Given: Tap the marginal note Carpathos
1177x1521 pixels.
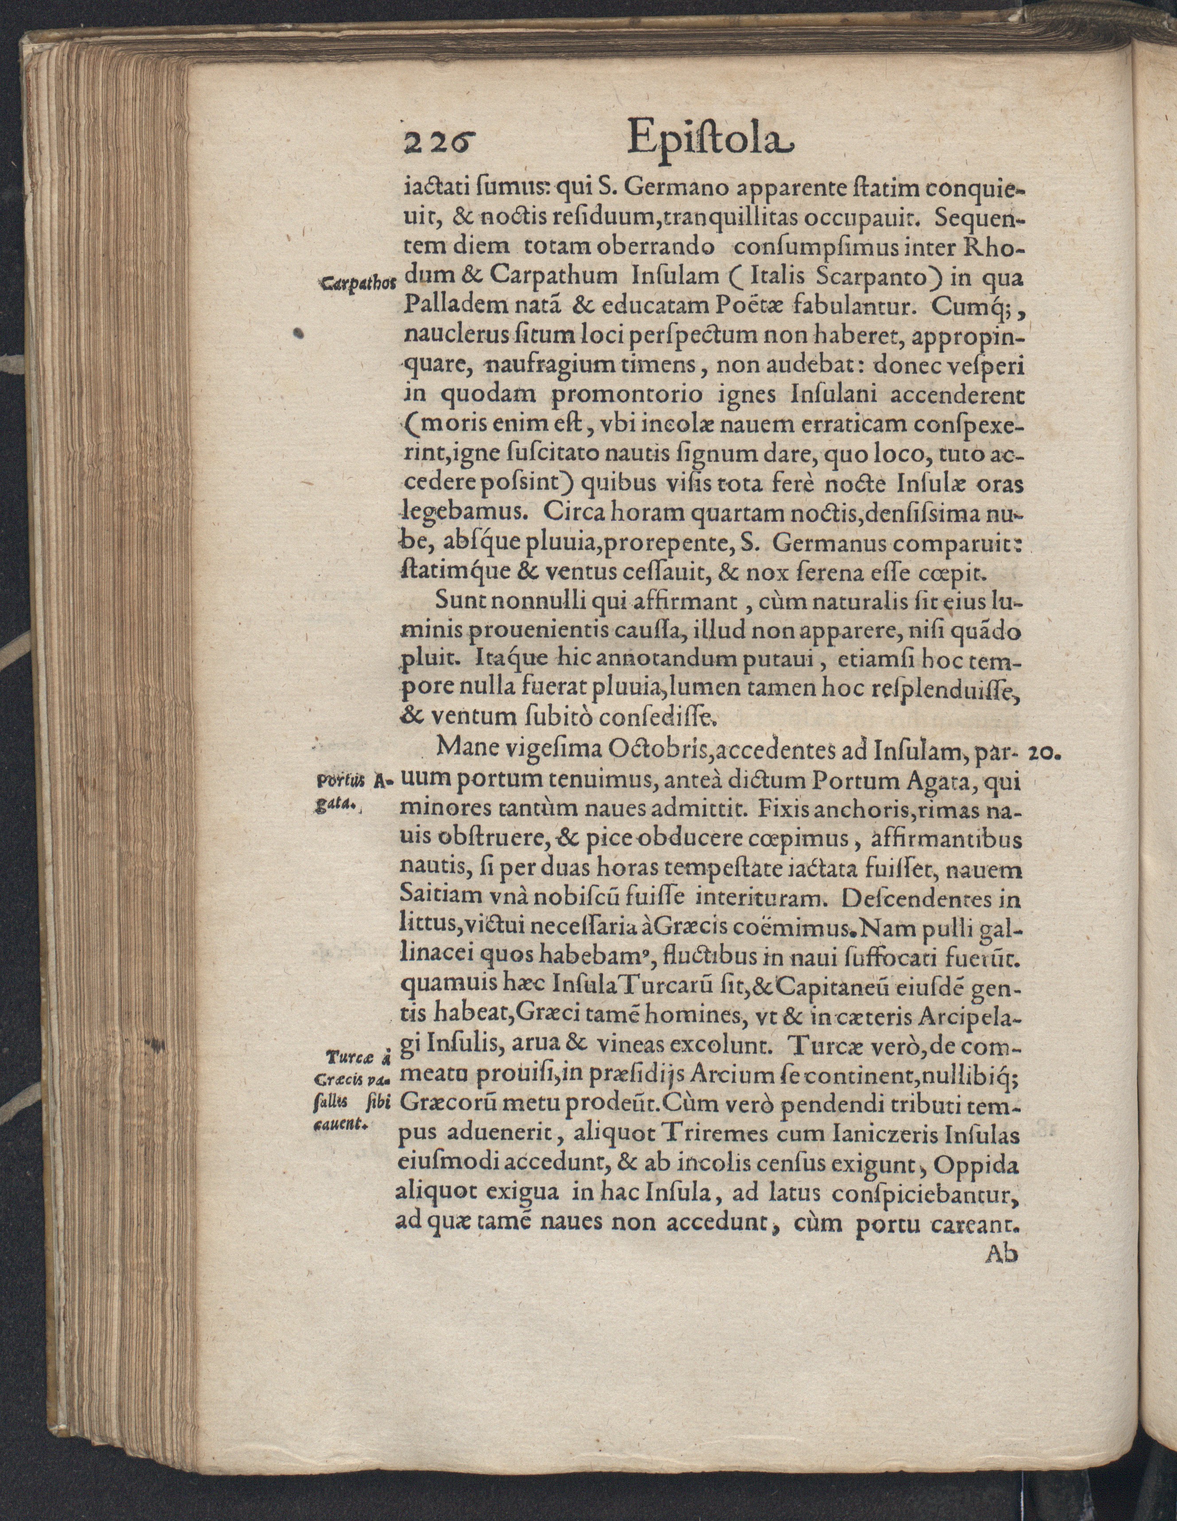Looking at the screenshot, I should pos(357,284).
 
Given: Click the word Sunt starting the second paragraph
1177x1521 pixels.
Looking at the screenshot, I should pos(454,602).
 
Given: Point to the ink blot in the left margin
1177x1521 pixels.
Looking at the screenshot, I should pos(300,334).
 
